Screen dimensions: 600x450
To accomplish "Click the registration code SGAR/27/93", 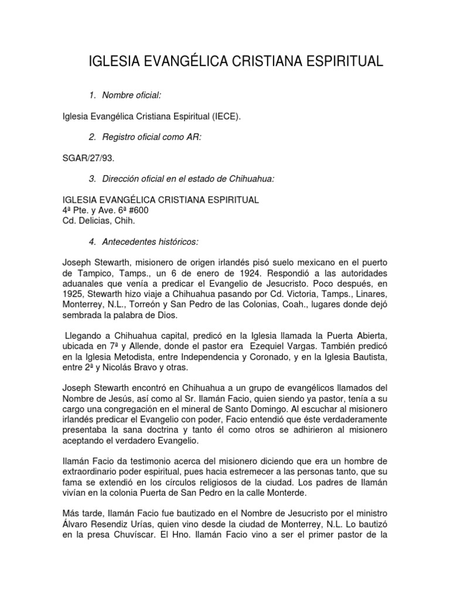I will [88, 158].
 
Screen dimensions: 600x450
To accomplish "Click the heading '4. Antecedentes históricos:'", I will [151, 241].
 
